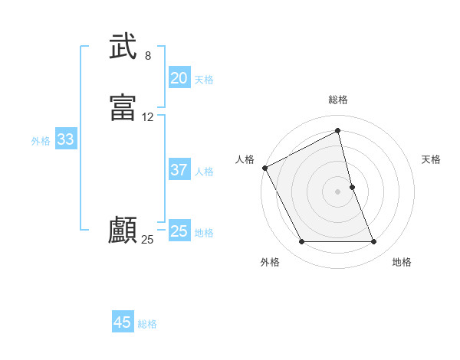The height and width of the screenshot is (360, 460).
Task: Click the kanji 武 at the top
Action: (x=123, y=47)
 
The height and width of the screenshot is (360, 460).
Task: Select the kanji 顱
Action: (x=123, y=230)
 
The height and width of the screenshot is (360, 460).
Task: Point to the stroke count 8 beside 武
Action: (x=148, y=56)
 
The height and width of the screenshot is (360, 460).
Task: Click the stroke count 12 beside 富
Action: (x=148, y=117)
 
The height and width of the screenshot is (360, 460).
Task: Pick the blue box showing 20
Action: (x=179, y=78)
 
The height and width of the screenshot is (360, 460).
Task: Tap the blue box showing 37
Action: (x=179, y=170)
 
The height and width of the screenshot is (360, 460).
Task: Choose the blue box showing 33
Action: (x=65, y=139)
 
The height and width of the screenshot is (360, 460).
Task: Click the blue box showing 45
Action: (x=122, y=322)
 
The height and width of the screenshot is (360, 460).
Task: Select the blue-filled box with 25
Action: (x=179, y=231)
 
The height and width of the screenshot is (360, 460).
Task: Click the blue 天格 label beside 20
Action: (x=204, y=80)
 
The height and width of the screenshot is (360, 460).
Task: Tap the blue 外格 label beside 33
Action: (x=41, y=141)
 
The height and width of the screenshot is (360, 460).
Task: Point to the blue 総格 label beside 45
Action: (x=147, y=324)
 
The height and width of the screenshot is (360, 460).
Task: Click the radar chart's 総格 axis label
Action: (x=338, y=100)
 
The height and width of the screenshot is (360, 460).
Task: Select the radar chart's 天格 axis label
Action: (x=432, y=159)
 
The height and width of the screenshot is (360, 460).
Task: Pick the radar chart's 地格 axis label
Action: (x=402, y=262)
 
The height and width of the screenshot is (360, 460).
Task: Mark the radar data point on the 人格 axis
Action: (x=264, y=167)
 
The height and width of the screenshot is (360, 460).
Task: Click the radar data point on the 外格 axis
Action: (x=301, y=242)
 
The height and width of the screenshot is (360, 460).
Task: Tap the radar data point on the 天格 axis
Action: (x=352, y=187)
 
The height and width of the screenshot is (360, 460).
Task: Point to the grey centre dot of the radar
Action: (x=338, y=191)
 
